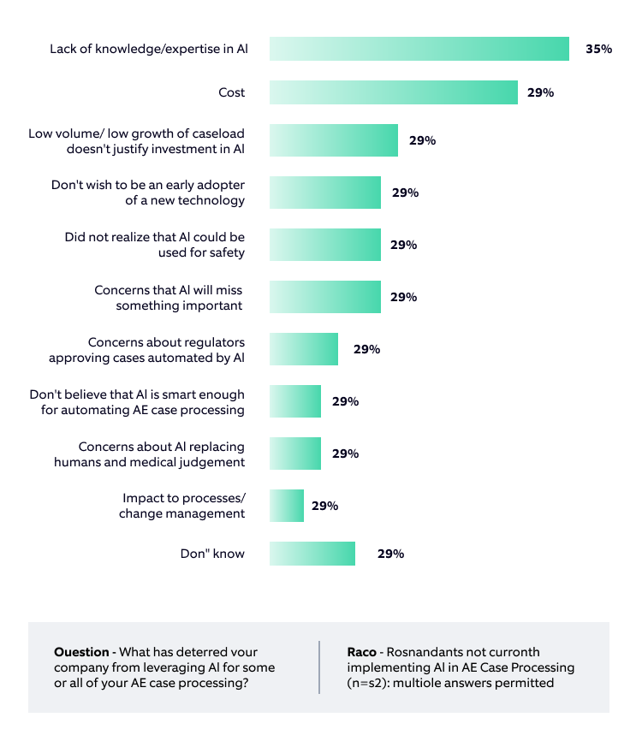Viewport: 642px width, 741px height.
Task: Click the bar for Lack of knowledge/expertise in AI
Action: click(x=419, y=49)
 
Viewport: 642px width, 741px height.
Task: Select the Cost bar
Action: click(x=394, y=92)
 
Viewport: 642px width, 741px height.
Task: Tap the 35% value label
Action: click(x=598, y=49)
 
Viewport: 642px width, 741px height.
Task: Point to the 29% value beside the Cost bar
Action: click(x=540, y=92)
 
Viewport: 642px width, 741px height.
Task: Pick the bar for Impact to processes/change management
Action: click(x=287, y=506)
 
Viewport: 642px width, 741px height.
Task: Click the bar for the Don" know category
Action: click(x=312, y=554)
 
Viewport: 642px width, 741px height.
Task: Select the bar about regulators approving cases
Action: click(x=304, y=349)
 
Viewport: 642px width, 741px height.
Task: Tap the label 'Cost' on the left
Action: click(x=231, y=92)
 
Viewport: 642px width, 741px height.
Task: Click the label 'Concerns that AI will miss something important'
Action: click(x=169, y=298)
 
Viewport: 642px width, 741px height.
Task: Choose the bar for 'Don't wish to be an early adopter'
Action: click(x=325, y=193)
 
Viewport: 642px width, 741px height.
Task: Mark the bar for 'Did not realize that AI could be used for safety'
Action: click(x=325, y=245)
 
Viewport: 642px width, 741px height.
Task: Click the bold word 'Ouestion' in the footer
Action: click(x=81, y=652)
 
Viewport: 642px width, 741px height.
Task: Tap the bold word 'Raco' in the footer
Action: click(x=363, y=652)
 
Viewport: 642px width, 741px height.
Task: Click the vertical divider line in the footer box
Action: click(x=319, y=667)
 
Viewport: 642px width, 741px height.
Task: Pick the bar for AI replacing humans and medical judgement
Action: click(x=295, y=453)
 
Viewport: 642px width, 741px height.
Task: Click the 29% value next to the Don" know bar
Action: click(x=390, y=554)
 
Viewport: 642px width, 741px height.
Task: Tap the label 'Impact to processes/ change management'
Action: click(x=182, y=506)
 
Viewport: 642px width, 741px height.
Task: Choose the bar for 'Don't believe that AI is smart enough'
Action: click(x=295, y=401)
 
